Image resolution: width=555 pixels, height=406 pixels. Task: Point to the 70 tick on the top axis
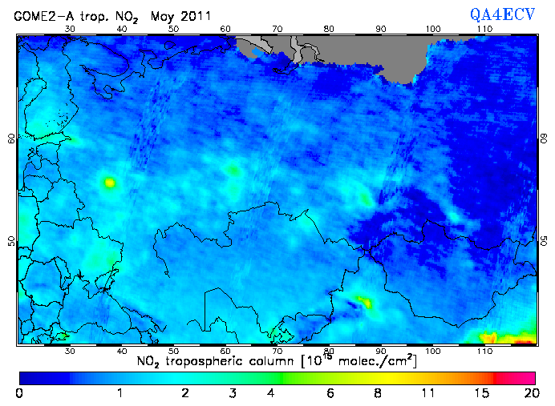pyautogui.click(x=277, y=30)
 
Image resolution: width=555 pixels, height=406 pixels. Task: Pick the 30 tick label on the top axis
pyautogui.click(x=70, y=30)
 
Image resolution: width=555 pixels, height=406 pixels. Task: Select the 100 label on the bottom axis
pyautogui.click(x=433, y=351)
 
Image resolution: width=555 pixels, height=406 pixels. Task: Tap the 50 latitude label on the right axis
pyautogui.click(x=544, y=241)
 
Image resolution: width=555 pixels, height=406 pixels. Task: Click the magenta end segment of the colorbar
pyautogui.click(x=517, y=376)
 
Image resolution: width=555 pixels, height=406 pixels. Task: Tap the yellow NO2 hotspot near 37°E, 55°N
pyautogui.click(x=109, y=183)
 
